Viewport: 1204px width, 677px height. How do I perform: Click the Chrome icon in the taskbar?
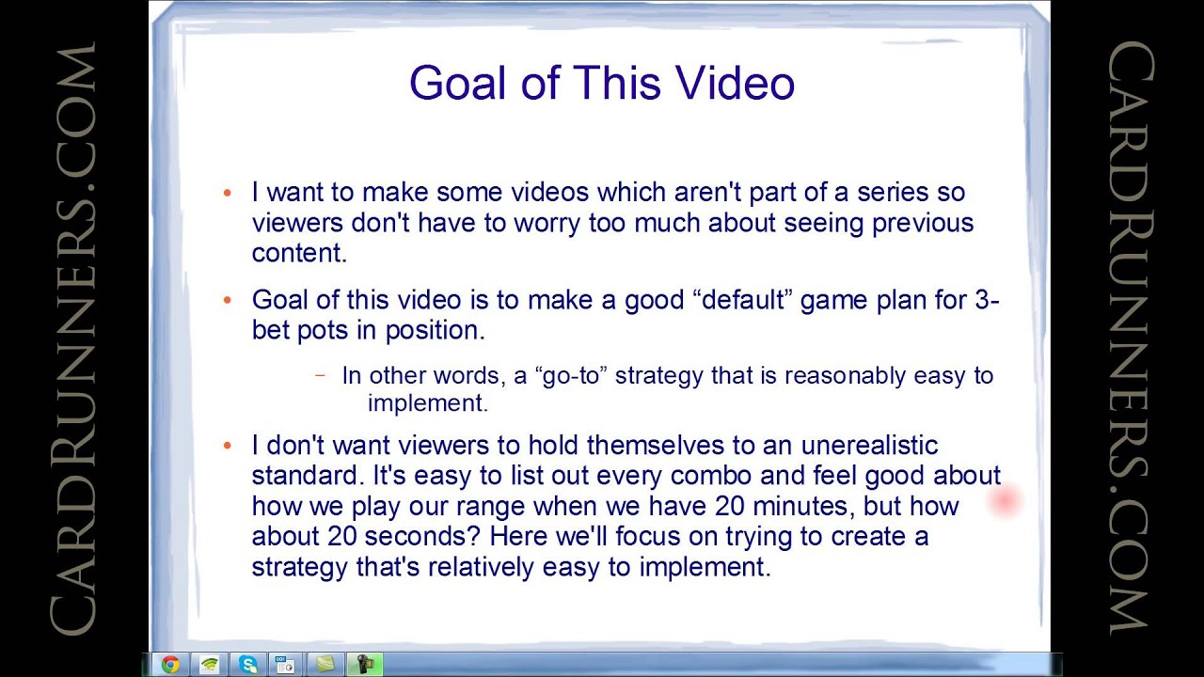pyautogui.click(x=170, y=665)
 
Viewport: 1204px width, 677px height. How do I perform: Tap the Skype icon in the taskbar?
pyautogui.click(x=248, y=665)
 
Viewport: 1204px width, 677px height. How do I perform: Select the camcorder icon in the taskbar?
pyautogui.click(x=363, y=665)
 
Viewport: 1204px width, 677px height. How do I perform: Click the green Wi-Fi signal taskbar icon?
pyautogui.click(x=209, y=665)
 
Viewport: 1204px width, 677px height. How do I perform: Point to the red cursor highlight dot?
pyautogui.click(x=1005, y=500)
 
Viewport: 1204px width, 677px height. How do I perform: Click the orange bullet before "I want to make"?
pyautogui.click(x=227, y=194)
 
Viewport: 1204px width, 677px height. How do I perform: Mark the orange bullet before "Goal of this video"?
pyautogui.click(x=227, y=301)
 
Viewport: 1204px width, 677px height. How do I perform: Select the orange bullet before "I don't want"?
pyautogui.click(x=227, y=446)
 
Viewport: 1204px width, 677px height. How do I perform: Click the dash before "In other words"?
pyautogui.click(x=321, y=375)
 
